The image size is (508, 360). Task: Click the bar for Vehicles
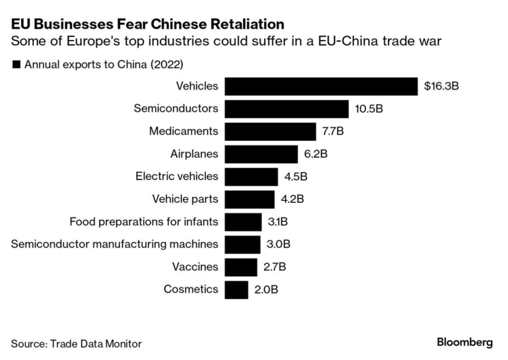tap(321, 86)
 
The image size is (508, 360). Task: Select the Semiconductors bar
tap(287, 109)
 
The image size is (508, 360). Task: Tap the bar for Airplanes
tap(261, 154)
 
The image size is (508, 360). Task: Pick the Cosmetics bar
tap(236, 289)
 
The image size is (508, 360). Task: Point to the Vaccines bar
tap(241, 267)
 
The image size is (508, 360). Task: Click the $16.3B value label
tap(441, 86)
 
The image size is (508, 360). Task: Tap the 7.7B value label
tap(333, 131)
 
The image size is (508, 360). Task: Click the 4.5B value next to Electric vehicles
tap(295, 176)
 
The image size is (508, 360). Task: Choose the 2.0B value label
tap(266, 289)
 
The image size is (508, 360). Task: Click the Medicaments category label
tap(183, 131)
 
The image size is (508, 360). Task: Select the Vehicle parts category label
tap(185, 199)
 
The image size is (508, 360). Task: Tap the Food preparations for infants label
tap(144, 222)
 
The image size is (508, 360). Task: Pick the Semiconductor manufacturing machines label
tap(115, 244)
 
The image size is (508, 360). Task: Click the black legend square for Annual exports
tap(16, 65)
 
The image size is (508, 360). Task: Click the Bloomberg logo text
tap(465, 343)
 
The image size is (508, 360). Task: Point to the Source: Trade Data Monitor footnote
tap(76, 344)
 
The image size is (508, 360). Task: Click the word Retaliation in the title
tap(241, 23)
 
